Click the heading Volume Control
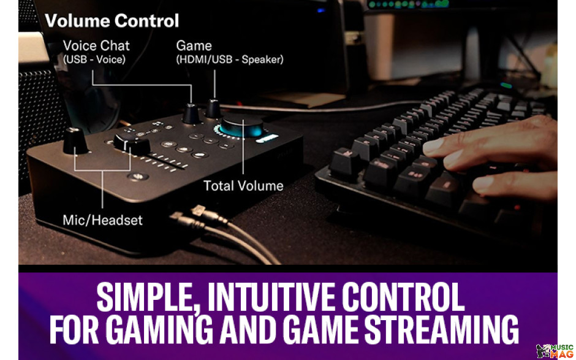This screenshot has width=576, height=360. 112,21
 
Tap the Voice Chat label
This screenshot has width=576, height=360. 96,45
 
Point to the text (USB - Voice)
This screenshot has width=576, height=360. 94,59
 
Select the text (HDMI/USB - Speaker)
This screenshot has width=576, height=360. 230,59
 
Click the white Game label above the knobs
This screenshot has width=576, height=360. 194,45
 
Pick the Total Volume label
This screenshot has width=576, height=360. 243,186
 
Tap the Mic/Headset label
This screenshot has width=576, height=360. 102,220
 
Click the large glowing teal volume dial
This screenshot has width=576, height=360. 241,126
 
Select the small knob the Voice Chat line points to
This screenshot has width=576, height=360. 191,113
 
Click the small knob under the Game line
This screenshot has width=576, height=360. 213,109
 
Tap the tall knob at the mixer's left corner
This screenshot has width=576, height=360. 75,140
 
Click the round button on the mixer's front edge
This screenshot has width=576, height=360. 138,177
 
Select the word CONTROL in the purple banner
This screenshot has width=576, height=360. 403,297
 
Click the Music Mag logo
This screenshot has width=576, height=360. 555,351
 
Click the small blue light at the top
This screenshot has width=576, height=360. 320,10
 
